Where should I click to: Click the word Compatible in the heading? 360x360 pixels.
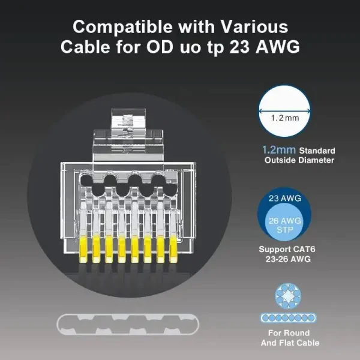122,28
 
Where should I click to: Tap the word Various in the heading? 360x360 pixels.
254,26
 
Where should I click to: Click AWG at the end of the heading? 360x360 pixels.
278,47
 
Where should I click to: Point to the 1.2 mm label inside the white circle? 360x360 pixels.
285,118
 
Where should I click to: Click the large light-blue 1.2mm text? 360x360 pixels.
279,150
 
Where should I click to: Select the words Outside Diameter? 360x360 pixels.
299,160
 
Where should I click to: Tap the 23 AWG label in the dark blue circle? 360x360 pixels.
284,199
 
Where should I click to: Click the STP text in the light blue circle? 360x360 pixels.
284,230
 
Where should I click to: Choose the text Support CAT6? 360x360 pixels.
287,250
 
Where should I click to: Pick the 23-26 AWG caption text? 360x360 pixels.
288,259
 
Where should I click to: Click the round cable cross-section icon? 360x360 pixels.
288,296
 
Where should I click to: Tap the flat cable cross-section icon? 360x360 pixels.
288,318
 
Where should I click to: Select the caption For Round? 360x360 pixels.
289,333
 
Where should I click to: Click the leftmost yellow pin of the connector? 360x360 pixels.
83,250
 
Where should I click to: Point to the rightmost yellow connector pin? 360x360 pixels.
173,250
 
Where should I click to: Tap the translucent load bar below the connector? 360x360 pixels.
128,325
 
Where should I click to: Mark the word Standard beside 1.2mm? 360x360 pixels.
317,151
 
